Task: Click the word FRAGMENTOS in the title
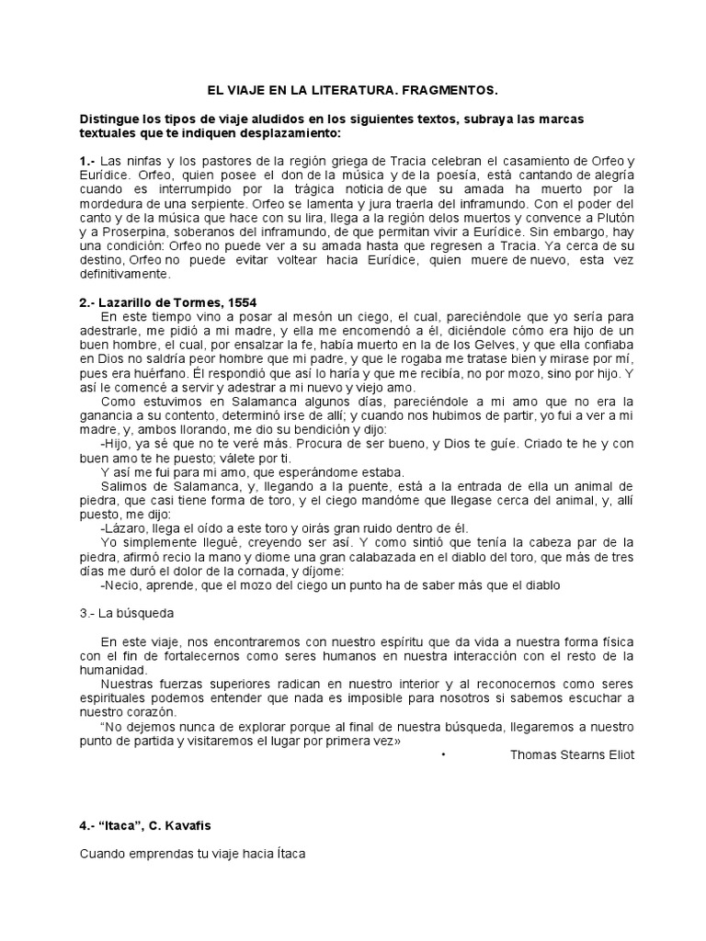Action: point(452,90)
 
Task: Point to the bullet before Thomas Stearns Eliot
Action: point(443,754)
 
